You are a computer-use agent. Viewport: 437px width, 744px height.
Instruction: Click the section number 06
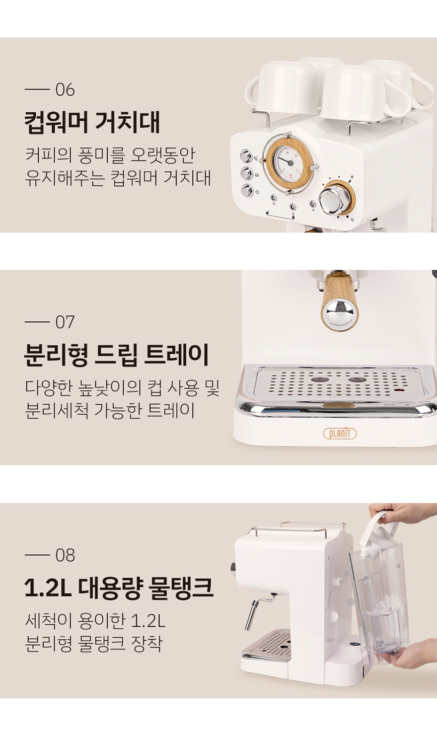point(65,90)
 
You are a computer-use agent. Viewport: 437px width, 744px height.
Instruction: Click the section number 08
point(65,555)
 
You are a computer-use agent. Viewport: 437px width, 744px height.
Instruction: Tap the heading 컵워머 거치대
point(92,122)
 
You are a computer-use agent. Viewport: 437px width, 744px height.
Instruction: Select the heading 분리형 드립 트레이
point(117,355)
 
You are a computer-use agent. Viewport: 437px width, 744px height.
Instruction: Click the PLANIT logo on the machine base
point(340,433)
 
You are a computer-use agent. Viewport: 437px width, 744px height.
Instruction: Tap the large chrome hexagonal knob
point(333,200)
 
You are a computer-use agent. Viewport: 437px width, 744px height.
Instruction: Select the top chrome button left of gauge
point(245,155)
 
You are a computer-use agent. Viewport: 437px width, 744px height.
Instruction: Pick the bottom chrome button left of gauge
point(245,191)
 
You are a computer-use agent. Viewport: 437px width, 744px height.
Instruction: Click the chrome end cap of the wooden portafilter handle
point(338,311)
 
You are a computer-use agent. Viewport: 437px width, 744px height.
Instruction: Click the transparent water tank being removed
point(379,601)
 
